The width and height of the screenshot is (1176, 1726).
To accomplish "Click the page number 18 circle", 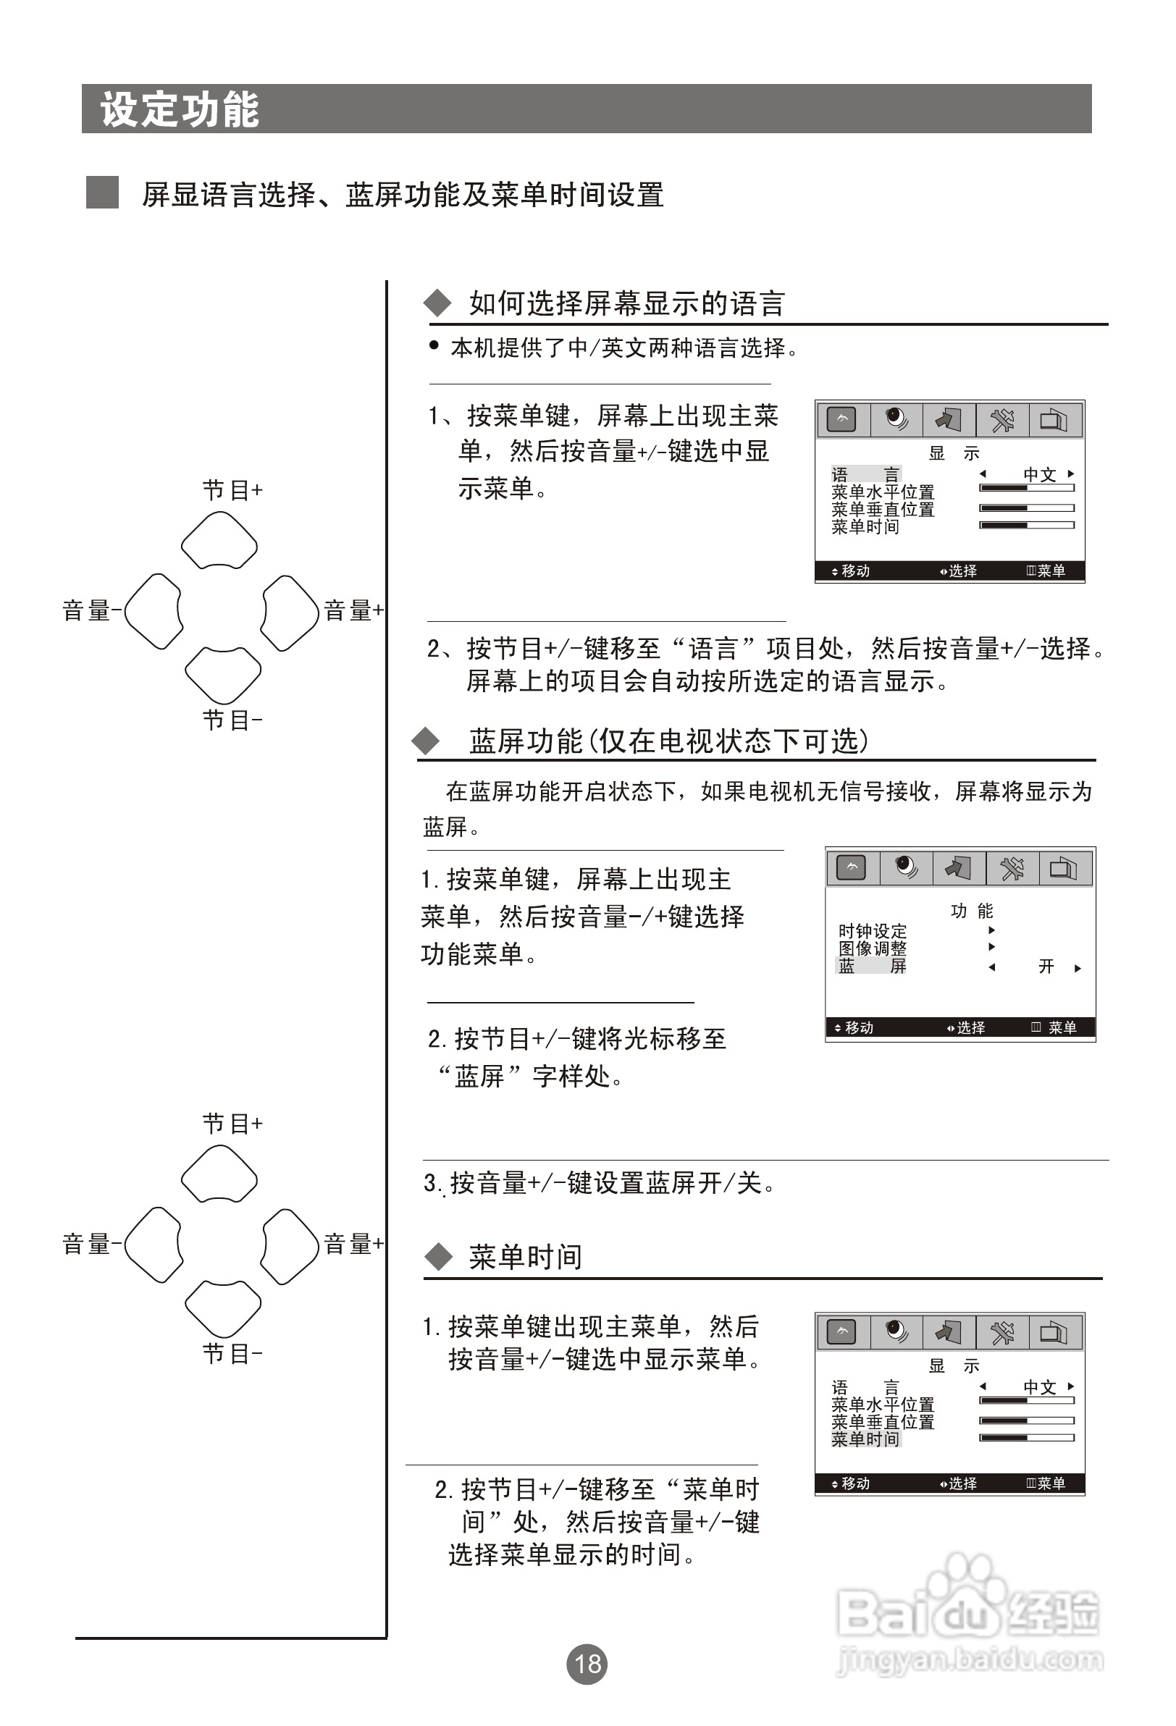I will click(x=587, y=1664).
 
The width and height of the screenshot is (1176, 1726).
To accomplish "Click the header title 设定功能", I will click(x=180, y=110).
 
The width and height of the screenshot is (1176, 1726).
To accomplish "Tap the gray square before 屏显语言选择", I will click(x=103, y=193).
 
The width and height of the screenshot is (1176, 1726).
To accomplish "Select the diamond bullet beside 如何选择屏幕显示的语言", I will click(x=437, y=303).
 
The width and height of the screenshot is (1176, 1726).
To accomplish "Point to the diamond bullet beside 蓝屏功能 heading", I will click(x=427, y=741).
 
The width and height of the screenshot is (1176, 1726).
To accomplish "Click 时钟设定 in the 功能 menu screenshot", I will click(x=872, y=930).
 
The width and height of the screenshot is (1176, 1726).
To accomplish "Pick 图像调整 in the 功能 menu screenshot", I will click(x=872, y=948).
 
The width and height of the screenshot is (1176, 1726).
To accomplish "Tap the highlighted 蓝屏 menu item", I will click(x=872, y=966).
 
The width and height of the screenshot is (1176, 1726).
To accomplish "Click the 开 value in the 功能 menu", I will click(x=1046, y=967).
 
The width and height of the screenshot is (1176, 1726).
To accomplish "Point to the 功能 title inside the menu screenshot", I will click(x=971, y=911).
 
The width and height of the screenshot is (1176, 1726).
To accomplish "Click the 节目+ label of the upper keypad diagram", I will click(x=232, y=490).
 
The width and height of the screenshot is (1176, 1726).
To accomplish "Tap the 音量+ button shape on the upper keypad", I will click(x=290, y=612).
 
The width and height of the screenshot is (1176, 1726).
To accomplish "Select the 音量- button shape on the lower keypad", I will click(x=153, y=1245).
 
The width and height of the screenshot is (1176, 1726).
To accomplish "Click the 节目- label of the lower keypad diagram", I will click(x=232, y=1353).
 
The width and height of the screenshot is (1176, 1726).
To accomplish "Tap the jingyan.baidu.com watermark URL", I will click(x=970, y=1659).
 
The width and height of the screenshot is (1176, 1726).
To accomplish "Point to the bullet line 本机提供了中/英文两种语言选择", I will click(x=624, y=348).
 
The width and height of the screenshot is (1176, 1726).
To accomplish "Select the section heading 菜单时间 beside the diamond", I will click(x=525, y=1257).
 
